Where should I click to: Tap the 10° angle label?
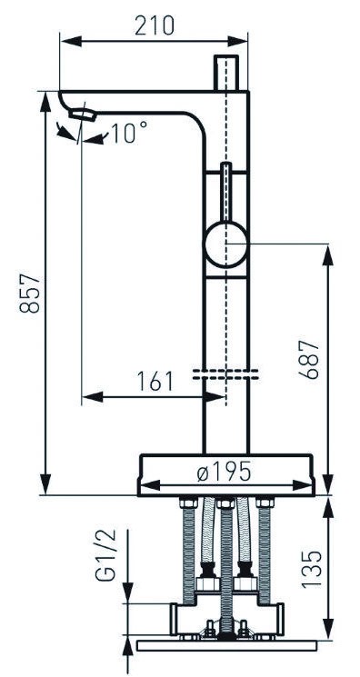[129, 134]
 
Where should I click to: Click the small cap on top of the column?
[225, 71]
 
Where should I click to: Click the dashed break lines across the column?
[225, 374]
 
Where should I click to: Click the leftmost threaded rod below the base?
[189, 550]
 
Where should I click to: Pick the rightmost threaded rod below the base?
[265, 550]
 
